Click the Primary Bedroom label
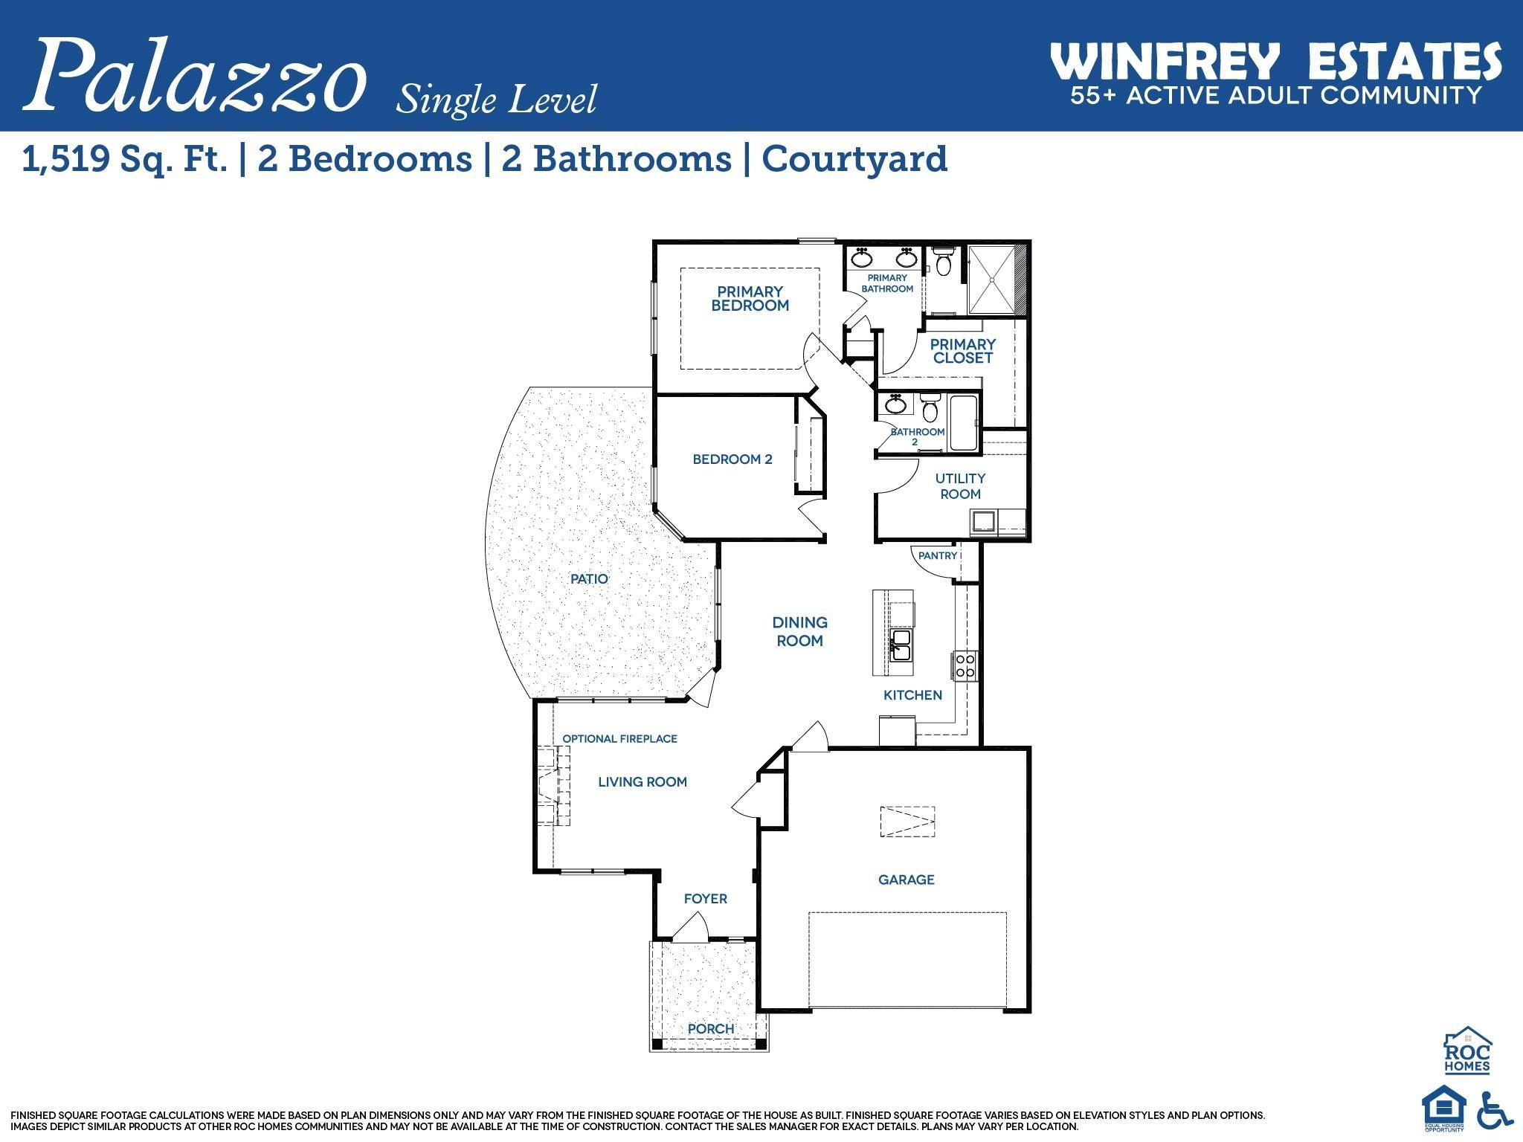pos(750,299)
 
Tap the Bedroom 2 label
pos(732,459)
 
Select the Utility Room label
pos(960,486)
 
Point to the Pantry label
pos(937,555)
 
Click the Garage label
pos(906,880)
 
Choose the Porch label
pos(711,1029)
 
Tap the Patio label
pos(589,578)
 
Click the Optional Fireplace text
pos(619,739)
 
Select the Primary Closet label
pos(962,351)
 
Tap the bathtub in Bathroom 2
pos(965,423)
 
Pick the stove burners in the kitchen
pos(965,665)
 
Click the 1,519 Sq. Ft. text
pos(125,159)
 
